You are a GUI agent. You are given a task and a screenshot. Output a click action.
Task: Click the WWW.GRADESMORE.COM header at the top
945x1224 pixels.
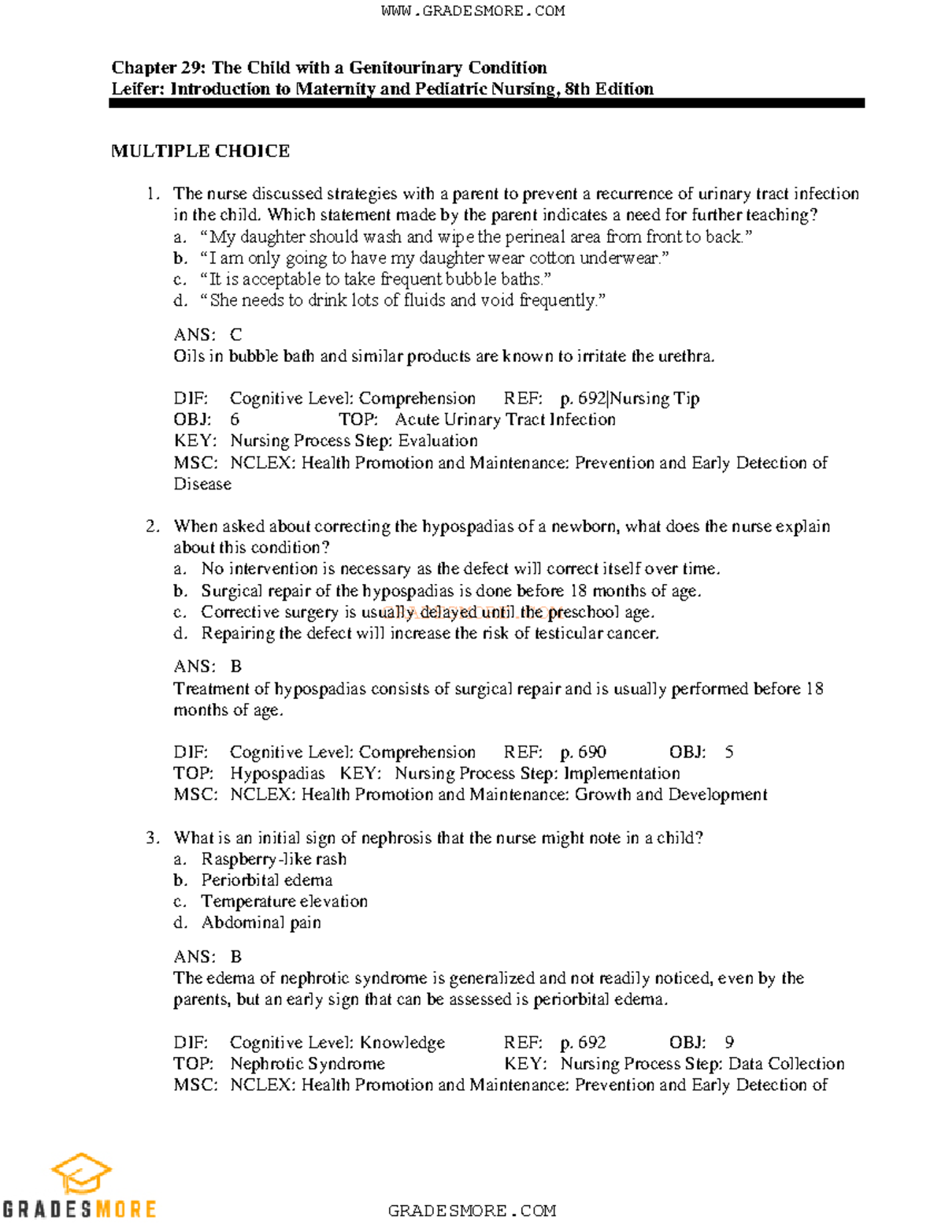(472, 11)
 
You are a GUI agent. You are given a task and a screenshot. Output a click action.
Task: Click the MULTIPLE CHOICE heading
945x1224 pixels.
(200, 151)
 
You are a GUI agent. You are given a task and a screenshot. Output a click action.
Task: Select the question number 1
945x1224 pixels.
(153, 194)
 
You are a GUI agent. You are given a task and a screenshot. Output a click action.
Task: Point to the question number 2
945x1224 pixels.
(153, 526)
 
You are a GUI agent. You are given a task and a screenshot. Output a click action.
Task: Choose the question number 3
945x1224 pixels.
(153, 838)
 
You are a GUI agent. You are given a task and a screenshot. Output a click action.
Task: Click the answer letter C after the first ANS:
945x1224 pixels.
(236, 335)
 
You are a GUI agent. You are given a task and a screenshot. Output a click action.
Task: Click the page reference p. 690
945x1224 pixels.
(583, 753)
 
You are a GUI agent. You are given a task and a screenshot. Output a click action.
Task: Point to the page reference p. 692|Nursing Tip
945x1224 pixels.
(629, 399)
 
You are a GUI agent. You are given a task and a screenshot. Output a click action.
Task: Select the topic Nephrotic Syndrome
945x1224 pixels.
(307, 1064)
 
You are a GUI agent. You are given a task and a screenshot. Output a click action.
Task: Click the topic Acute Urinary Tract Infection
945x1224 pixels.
(505, 420)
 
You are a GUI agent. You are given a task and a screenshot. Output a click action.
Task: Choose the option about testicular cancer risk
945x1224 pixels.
(429, 634)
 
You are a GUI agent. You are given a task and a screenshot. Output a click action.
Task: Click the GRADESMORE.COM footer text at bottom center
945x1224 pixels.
(472, 1211)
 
